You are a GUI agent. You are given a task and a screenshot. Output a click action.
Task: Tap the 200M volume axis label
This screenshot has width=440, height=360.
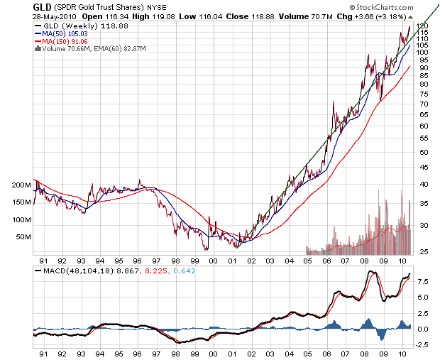(x=22, y=185)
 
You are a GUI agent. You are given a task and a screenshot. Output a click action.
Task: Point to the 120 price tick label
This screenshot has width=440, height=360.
(x=422, y=26)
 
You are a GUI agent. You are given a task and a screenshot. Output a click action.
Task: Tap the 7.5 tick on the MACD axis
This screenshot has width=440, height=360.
(x=422, y=282)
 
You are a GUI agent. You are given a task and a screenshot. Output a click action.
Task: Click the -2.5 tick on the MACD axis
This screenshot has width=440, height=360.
(x=422, y=344)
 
